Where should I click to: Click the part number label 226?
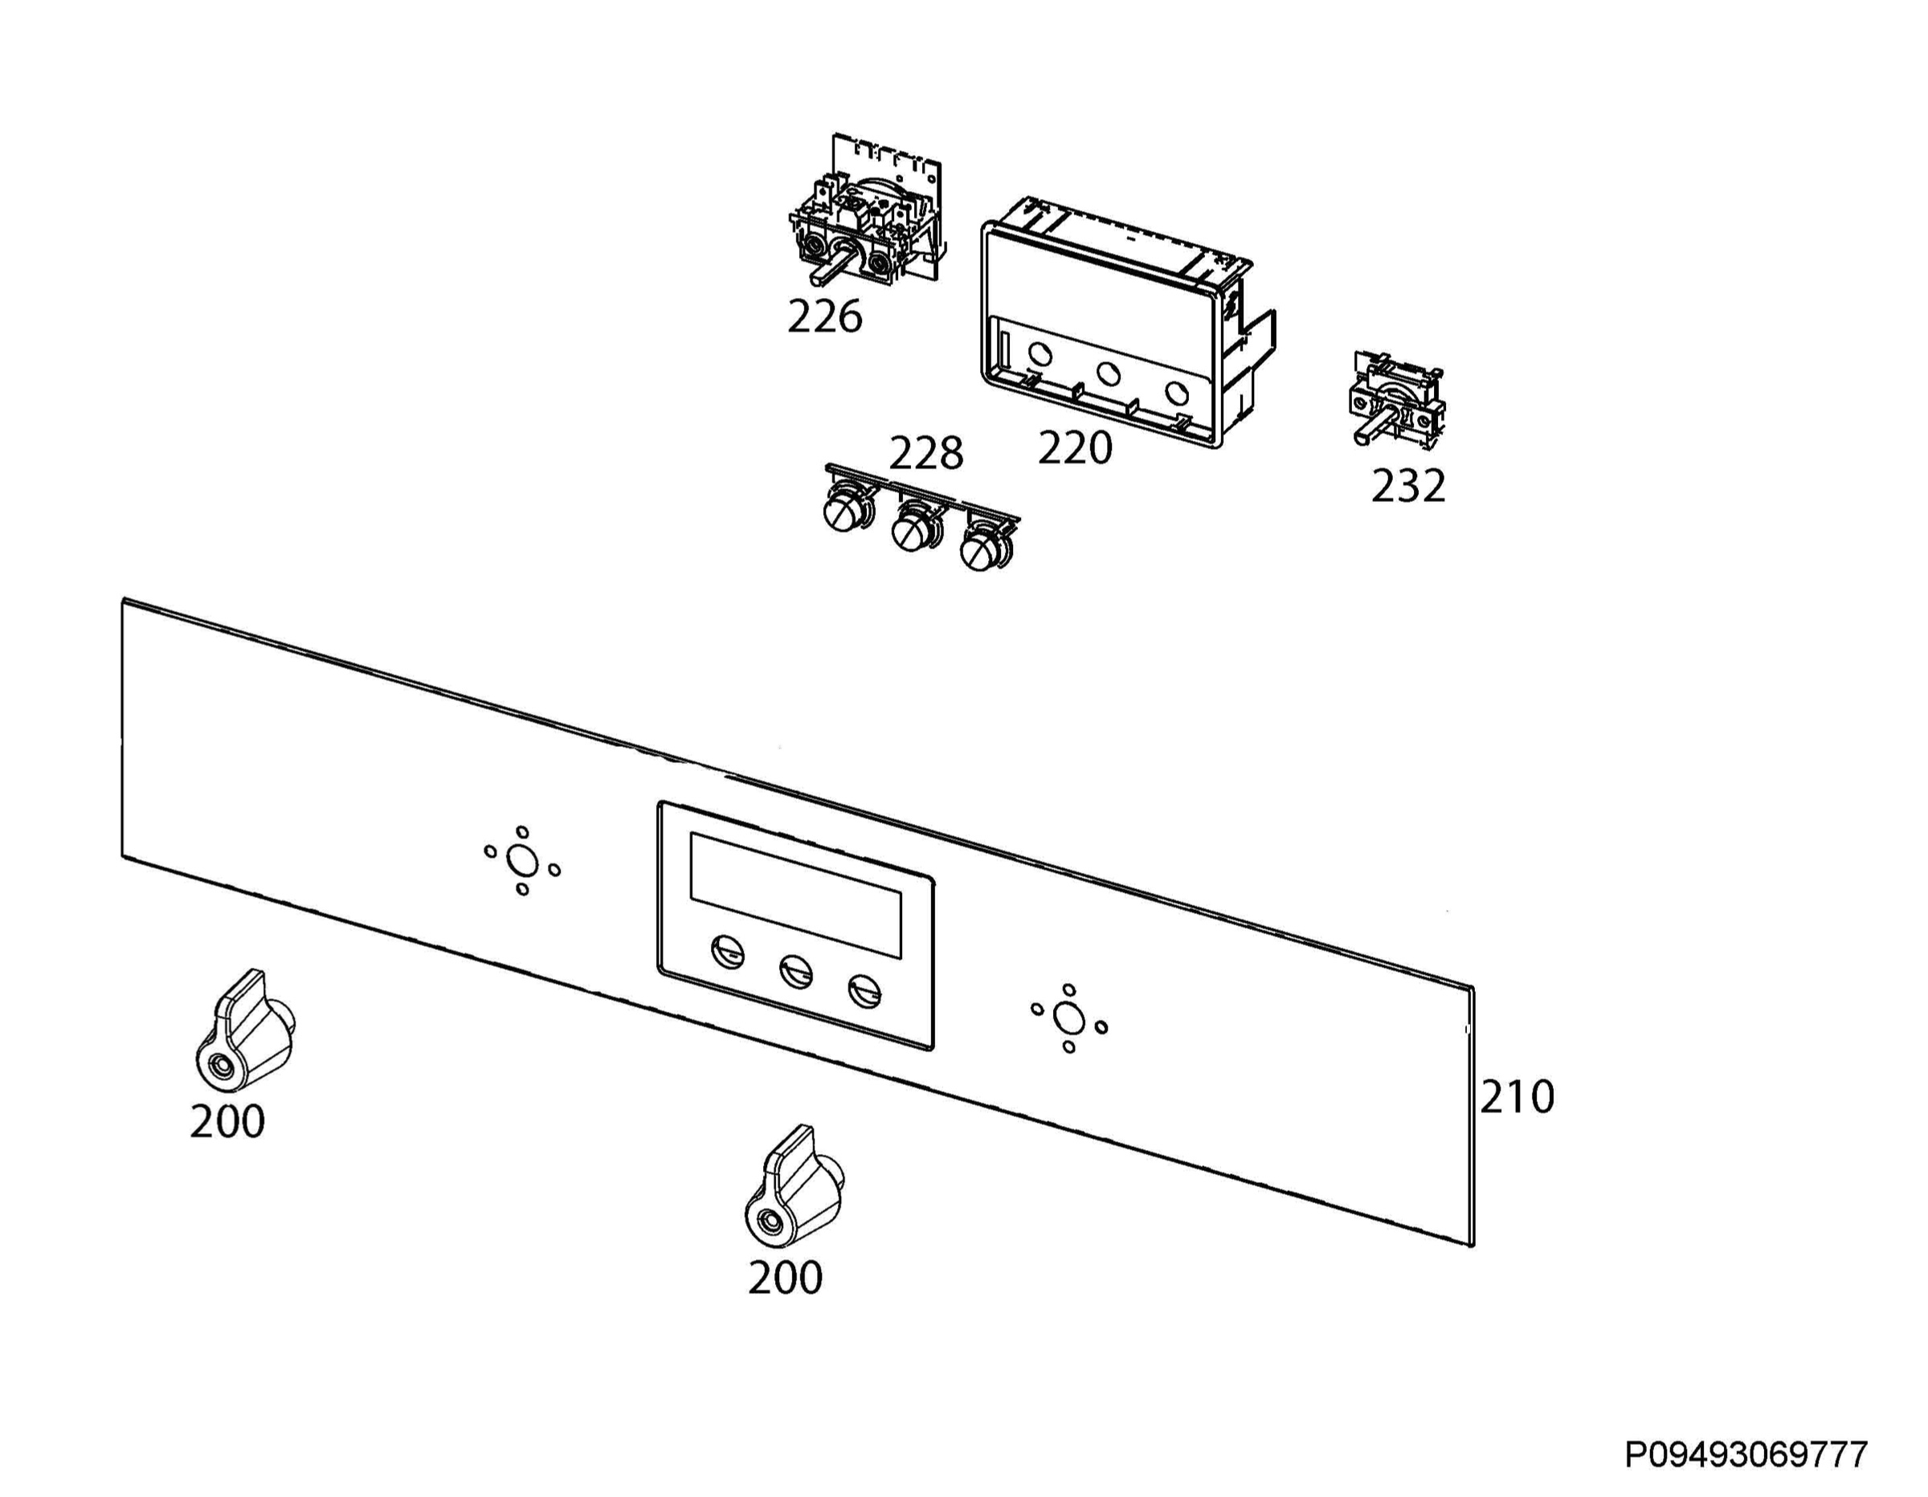pyautogui.click(x=824, y=317)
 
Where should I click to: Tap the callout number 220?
pyautogui.click(x=1074, y=448)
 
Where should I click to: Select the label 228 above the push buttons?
pyautogui.click(x=925, y=454)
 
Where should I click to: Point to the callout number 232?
pyautogui.click(x=1408, y=485)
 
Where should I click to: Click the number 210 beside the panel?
pyautogui.click(x=1517, y=1097)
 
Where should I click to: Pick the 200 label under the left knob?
pyautogui.click(x=227, y=1122)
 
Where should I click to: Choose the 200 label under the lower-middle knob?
pyautogui.click(x=785, y=1277)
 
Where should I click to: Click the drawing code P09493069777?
pyautogui.click(x=1746, y=1454)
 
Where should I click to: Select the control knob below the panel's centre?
pyautogui.click(x=794, y=1187)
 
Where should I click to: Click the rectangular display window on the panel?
pyautogui.click(x=795, y=895)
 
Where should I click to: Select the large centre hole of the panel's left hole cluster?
pyautogui.click(x=521, y=859)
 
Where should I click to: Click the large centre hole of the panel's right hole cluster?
pyautogui.click(x=1069, y=1018)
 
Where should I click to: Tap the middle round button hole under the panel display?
pyautogui.click(x=796, y=972)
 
